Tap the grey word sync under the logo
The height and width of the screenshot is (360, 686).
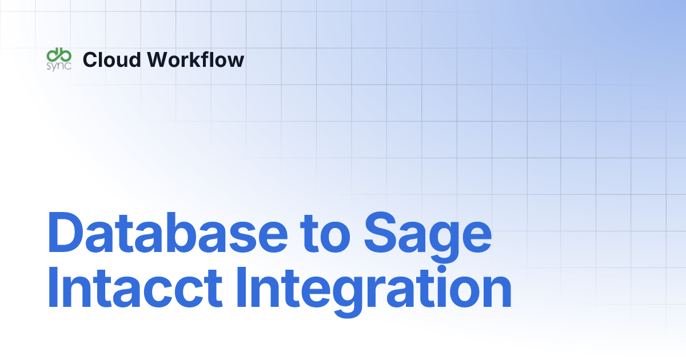(x=58, y=65)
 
